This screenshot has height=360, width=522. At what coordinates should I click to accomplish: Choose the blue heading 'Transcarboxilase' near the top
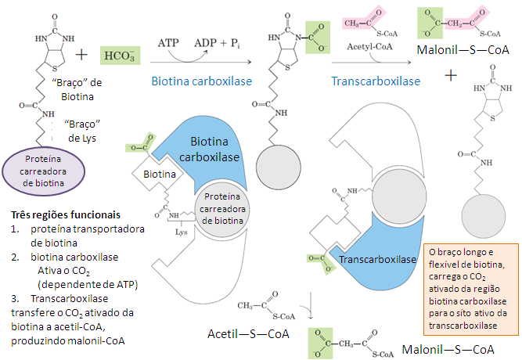(375, 81)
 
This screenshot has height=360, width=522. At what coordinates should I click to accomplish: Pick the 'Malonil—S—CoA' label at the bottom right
(448, 348)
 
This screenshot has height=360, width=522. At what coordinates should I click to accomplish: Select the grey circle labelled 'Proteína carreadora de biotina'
(223, 208)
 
